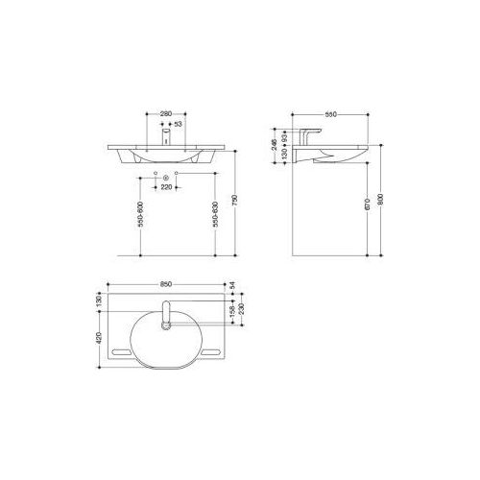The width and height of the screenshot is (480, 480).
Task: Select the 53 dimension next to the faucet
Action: [x=177, y=125]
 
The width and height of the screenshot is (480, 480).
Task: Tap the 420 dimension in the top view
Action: [x=99, y=338]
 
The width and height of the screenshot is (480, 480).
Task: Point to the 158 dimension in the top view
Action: [x=231, y=310]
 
